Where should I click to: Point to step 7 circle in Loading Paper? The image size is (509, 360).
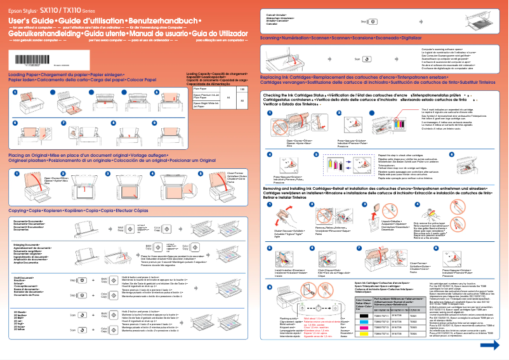63,121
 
